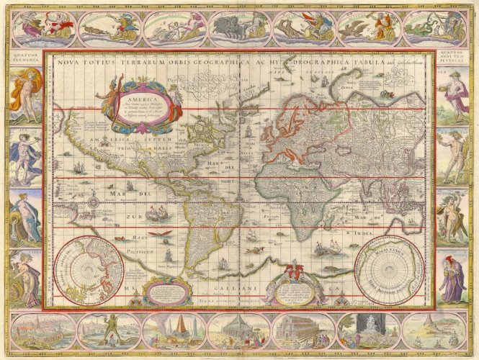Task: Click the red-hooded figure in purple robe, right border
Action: [454, 278]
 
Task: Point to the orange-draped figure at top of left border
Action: [24, 98]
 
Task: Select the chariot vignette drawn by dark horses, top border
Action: [235, 30]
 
